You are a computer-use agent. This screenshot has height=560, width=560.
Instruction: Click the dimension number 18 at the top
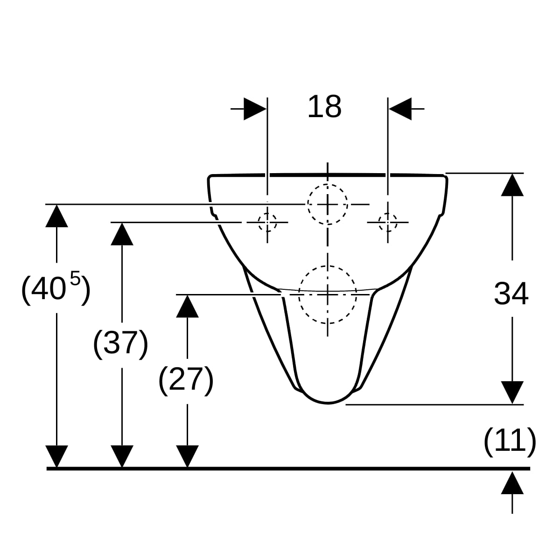pos(324,107)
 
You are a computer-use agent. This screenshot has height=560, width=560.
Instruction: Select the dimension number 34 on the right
pos(511,294)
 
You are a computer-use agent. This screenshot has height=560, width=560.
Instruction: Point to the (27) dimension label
pos(186,380)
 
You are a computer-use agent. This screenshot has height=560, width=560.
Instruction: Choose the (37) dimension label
pos(120,344)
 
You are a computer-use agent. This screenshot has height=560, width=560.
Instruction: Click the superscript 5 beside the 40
pos(75,278)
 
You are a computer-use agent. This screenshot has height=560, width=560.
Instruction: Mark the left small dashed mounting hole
pos(267,222)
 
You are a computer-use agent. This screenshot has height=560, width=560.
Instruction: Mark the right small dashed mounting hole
pos(388,222)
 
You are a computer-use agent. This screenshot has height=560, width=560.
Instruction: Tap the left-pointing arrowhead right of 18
pos(400,109)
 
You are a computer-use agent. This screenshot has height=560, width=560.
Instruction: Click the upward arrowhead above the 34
pos(512,185)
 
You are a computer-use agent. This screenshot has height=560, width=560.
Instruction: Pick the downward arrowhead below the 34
pos(512,392)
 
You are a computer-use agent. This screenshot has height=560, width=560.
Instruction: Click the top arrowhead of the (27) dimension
pos(188,306)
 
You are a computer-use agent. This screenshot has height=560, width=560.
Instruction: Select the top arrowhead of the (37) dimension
pos(122,234)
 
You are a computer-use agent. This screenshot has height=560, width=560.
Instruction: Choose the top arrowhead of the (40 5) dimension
pos(56,216)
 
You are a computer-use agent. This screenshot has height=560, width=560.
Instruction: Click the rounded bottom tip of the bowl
pos(328,403)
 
